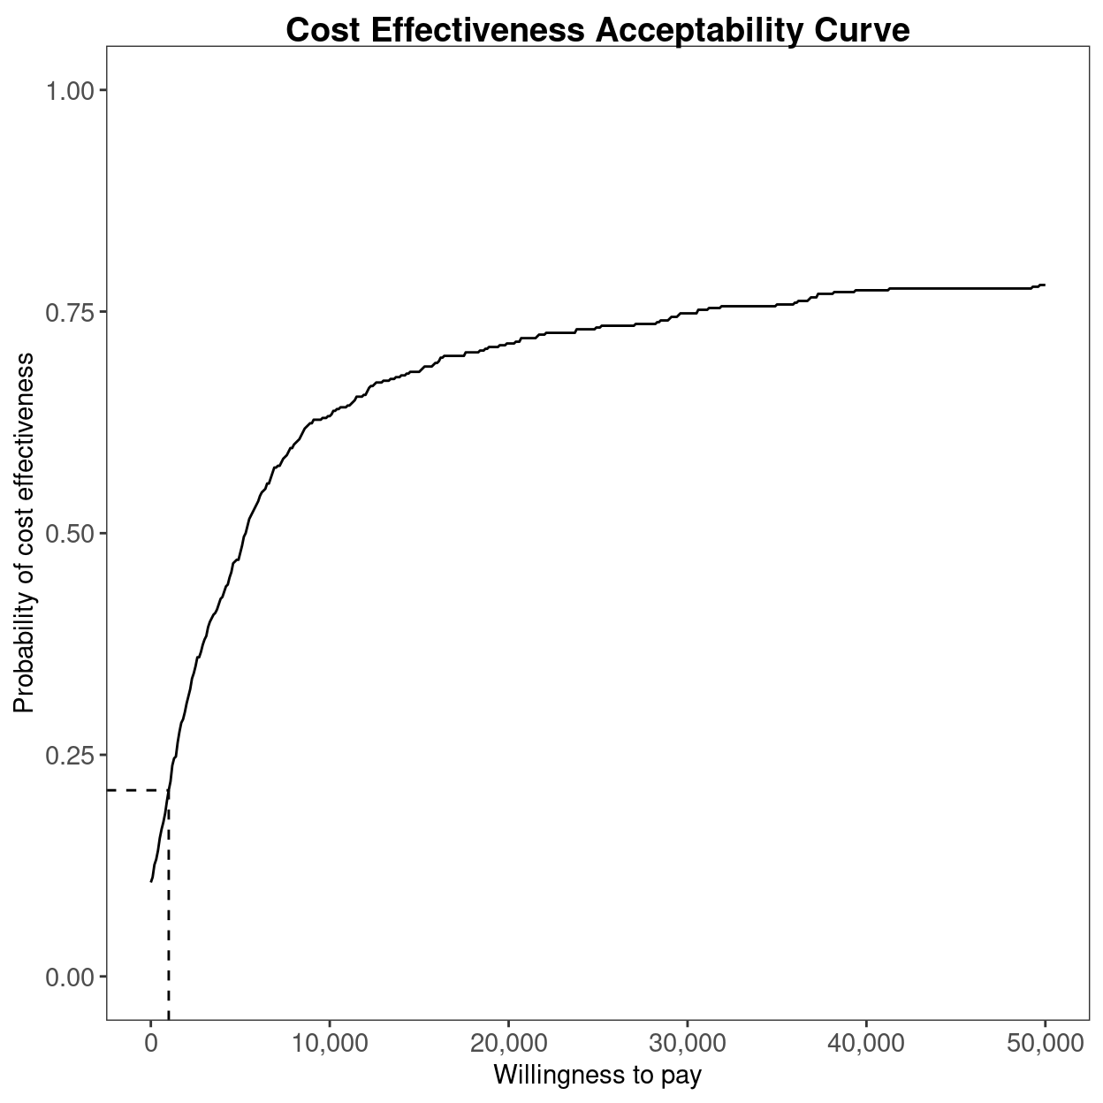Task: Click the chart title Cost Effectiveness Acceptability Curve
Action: (x=597, y=30)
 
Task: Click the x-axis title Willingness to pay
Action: (x=597, y=1075)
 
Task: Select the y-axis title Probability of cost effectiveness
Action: (x=24, y=533)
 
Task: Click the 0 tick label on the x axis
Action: (x=151, y=1044)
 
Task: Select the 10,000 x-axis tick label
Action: (x=330, y=1044)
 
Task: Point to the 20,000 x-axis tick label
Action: (x=508, y=1044)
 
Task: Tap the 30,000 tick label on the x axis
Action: (x=688, y=1044)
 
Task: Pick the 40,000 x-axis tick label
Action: (x=866, y=1044)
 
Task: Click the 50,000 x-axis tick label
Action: (x=1045, y=1044)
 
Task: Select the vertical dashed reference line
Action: (x=168, y=910)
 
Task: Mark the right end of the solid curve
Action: (x=1045, y=285)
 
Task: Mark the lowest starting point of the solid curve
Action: (x=151, y=881)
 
